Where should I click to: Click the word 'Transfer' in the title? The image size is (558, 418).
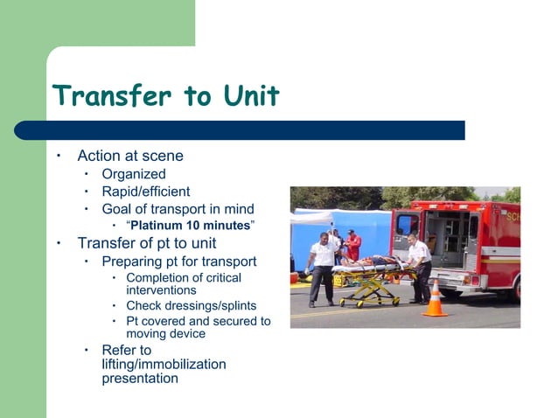pyautogui.click(x=108, y=95)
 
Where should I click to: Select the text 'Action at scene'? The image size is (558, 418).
pyautogui.click(x=130, y=157)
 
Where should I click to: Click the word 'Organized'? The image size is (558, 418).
pyautogui.click(x=133, y=175)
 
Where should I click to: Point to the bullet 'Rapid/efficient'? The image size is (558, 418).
pyautogui.click(x=145, y=192)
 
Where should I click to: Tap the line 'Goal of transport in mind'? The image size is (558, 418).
pyautogui.click(x=178, y=209)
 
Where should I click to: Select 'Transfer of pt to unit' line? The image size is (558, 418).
pyautogui.click(x=146, y=243)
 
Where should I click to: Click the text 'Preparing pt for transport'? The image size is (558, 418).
pyautogui.click(x=178, y=261)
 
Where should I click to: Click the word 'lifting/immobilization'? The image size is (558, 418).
pyautogui.click(x=164, y=365)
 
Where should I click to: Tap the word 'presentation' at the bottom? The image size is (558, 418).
pyautogui.click(x=140, y=379)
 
